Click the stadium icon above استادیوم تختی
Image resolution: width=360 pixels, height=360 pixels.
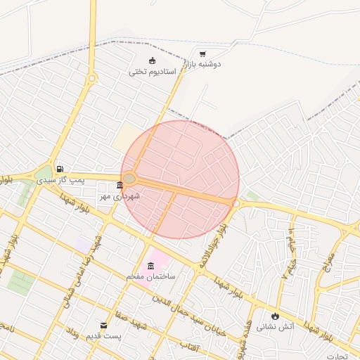(x=152, y=60)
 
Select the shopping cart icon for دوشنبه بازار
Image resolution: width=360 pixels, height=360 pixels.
(x=202, y=54)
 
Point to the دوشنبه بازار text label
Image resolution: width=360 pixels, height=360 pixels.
(x=203, y=65)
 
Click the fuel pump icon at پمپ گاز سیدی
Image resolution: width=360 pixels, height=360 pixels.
(x=60, y=169)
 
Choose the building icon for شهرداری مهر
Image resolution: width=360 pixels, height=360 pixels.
(x=120, y=186)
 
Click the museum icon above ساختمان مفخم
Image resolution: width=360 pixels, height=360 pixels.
(x=150, y=266)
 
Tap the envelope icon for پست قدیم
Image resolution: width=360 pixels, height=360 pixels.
(x=104, y=326)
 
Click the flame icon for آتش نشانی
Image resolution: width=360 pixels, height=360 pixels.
(x=275, y=316)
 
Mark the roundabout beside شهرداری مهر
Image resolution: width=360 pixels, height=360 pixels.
(x=129, y=179)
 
